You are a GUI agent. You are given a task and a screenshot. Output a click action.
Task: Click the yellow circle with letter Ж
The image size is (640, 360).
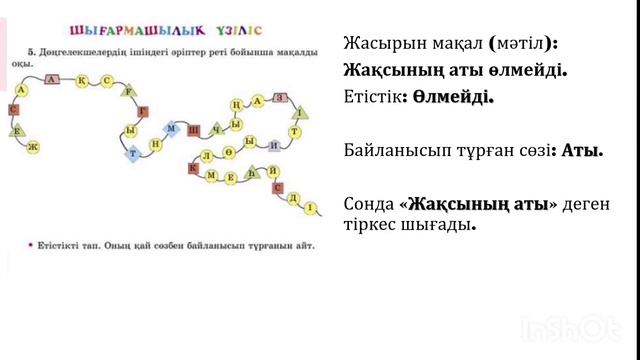[34, 147]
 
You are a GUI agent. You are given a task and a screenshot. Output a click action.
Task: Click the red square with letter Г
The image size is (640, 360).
[143, 111]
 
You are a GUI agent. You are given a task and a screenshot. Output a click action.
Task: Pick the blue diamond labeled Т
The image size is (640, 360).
[133, 153]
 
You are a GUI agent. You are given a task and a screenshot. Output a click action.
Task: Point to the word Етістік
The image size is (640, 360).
[371, 97]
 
